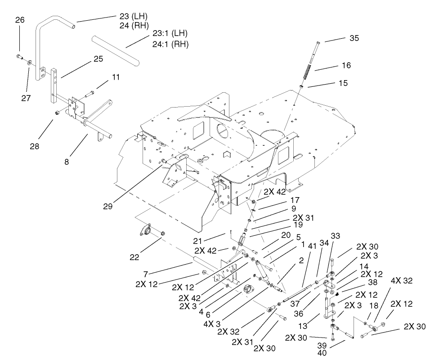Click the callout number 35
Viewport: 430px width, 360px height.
[x=354, y=38]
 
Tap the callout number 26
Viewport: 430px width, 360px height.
[x=19, y=20]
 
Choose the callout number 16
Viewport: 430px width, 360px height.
[x=345, y=65]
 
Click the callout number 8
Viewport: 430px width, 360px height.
[x=67, y=161]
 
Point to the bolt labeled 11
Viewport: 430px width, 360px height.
[x=89, y=93]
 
